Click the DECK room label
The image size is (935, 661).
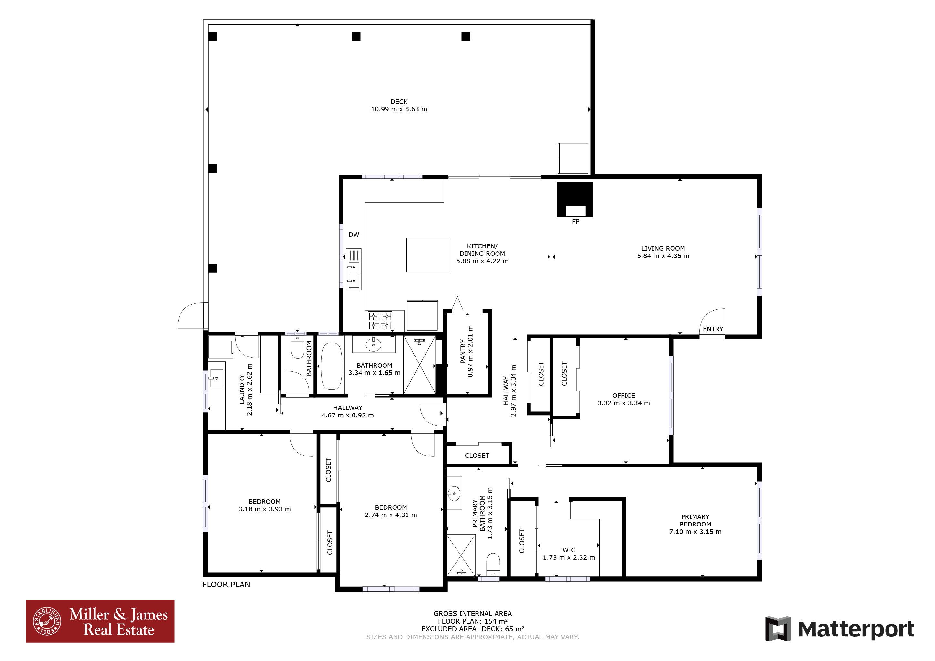click(x=399, y=102)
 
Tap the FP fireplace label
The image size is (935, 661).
click(x=575, y=221)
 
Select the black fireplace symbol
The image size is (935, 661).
click(x=575, y=199)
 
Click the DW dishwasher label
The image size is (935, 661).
click(x=354, y=235)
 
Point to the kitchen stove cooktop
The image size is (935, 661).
click(x=380, y=321)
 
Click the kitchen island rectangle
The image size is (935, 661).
click(x=428, y=255)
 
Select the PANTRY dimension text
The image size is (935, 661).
click(x=470, y=351)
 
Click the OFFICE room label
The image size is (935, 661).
click(x=623, y=395)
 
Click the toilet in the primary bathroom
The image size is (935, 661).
click(x=493, y=565)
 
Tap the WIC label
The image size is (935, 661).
click(x=569, y=550)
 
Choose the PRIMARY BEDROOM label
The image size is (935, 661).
click(x=695, y=521)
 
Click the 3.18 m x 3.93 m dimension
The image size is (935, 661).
click(x=265, y=509)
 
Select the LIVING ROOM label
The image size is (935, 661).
click(x=663, y=248)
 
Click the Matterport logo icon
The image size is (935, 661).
click(x=778, y=629)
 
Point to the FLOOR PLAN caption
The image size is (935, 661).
click(x=226, y=585)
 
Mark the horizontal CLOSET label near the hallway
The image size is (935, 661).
click(x=477, y=456)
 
